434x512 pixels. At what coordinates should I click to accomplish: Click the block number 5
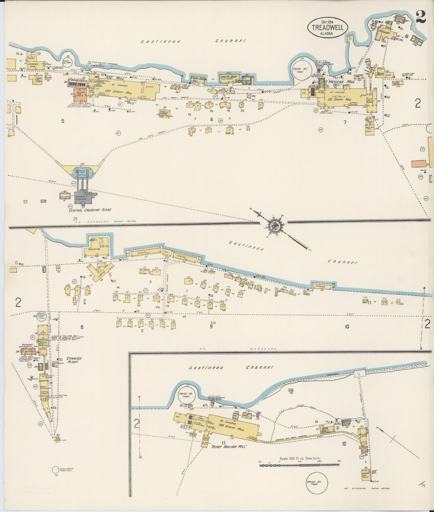[63, 121]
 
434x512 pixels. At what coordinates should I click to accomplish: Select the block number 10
[347, 327]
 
